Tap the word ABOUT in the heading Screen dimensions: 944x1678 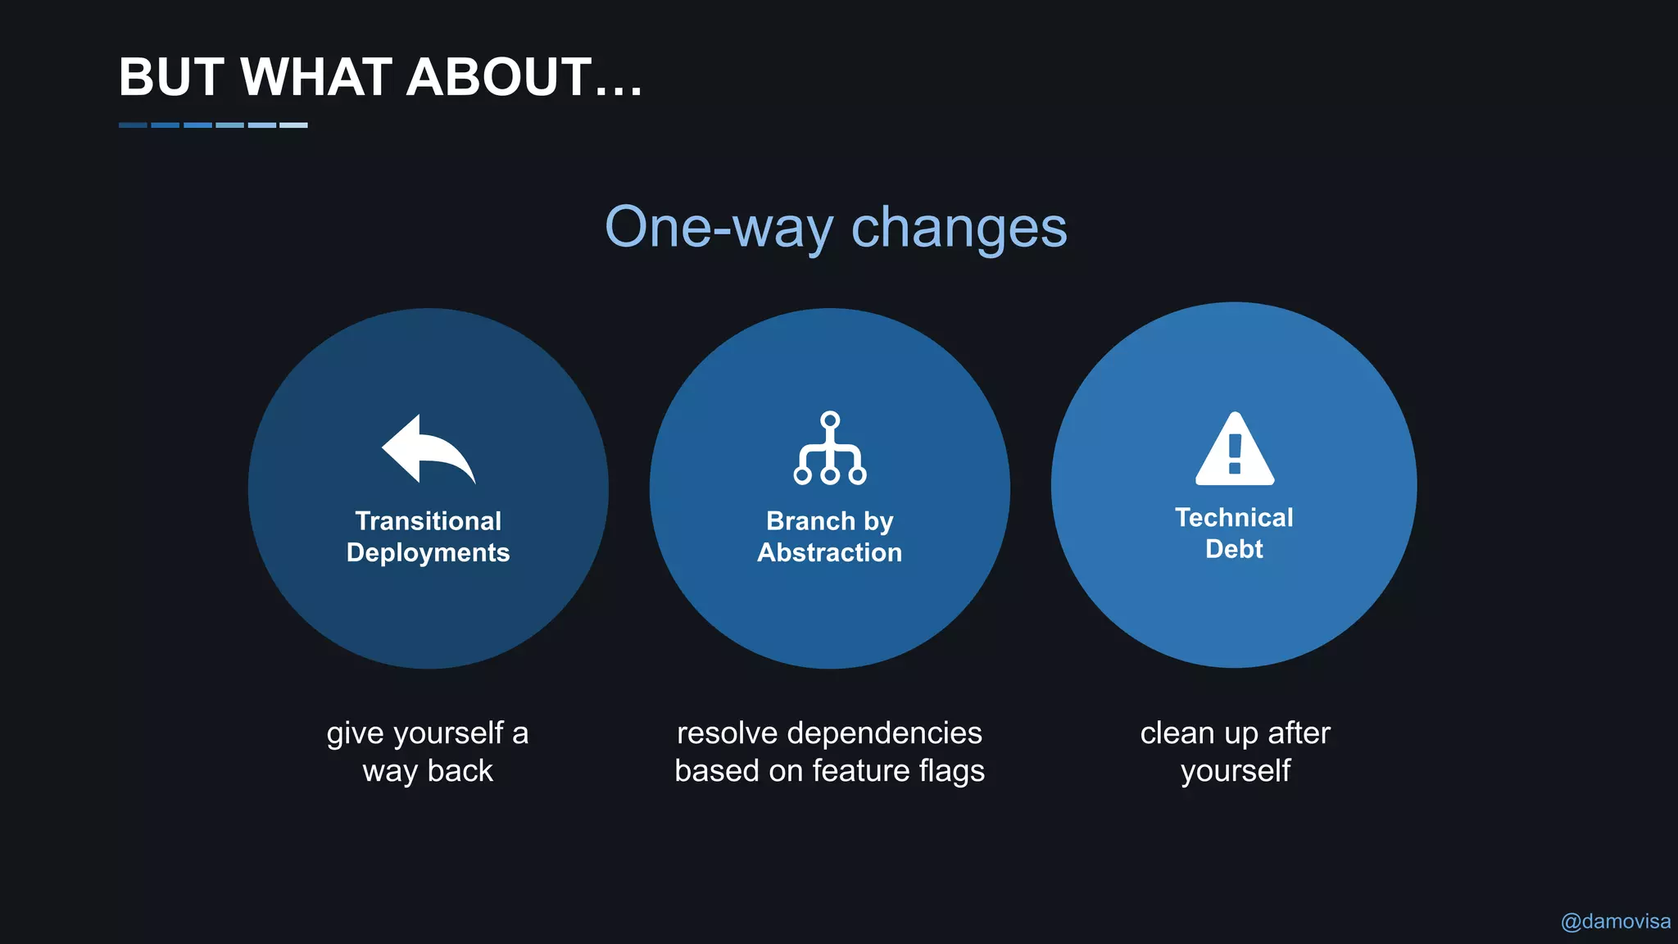click(499, 77)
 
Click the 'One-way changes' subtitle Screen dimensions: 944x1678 click(836, 227)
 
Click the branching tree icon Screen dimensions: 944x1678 click(830, 448)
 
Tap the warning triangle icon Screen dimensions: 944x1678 click(1235, 450)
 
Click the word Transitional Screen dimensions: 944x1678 click(428, 521)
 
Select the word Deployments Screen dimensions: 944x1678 click(428, 553)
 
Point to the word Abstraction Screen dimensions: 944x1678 click(829, 553)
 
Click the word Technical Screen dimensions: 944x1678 click(1234, 518)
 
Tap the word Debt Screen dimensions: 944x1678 click(1234, 549)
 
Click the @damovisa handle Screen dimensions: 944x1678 click(1615, 922)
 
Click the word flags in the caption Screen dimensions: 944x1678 click(951, 772)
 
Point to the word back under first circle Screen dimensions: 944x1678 click(460, 771)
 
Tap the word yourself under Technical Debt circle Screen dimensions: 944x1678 click(1235, 772)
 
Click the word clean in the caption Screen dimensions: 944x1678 click(1177, 733)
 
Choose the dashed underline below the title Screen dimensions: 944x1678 click(213, 125)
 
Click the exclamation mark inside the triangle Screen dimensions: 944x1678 click(1235, 455)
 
